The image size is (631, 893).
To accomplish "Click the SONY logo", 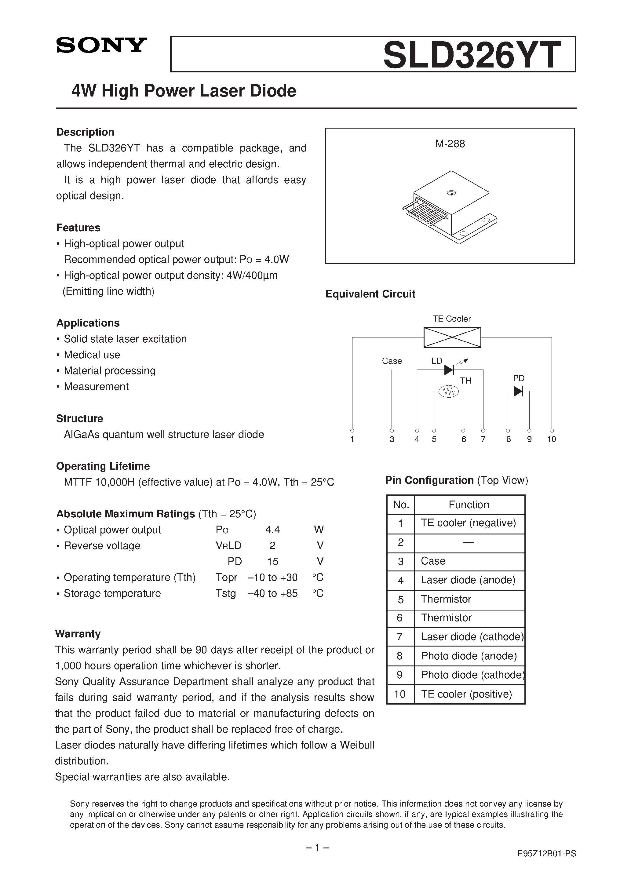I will click(101, 46).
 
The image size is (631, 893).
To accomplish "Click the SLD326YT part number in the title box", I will click(472, 55).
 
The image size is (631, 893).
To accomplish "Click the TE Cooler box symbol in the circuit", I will click(452, 337).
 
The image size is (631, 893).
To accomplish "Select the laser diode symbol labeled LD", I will click(449, 370).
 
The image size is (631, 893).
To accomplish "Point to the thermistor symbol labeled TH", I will click(449, 392).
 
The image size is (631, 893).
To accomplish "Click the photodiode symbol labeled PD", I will click(518, 391).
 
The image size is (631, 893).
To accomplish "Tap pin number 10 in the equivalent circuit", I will click(551, 439).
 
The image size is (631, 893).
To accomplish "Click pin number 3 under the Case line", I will click(392, 439).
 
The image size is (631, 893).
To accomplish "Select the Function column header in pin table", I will click(469, 505).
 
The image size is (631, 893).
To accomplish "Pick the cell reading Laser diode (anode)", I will click(468, 580).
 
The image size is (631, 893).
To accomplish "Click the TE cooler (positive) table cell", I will click(466, 694).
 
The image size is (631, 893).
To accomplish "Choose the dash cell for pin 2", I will click(469, 543).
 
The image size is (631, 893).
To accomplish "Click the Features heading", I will click(78, 228).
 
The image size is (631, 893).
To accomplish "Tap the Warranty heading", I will click(78, 634).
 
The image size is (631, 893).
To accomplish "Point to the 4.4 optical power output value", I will click(272, 530).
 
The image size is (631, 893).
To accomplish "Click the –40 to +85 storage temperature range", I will click(272, 593).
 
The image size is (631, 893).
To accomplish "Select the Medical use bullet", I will click(92, 355).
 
